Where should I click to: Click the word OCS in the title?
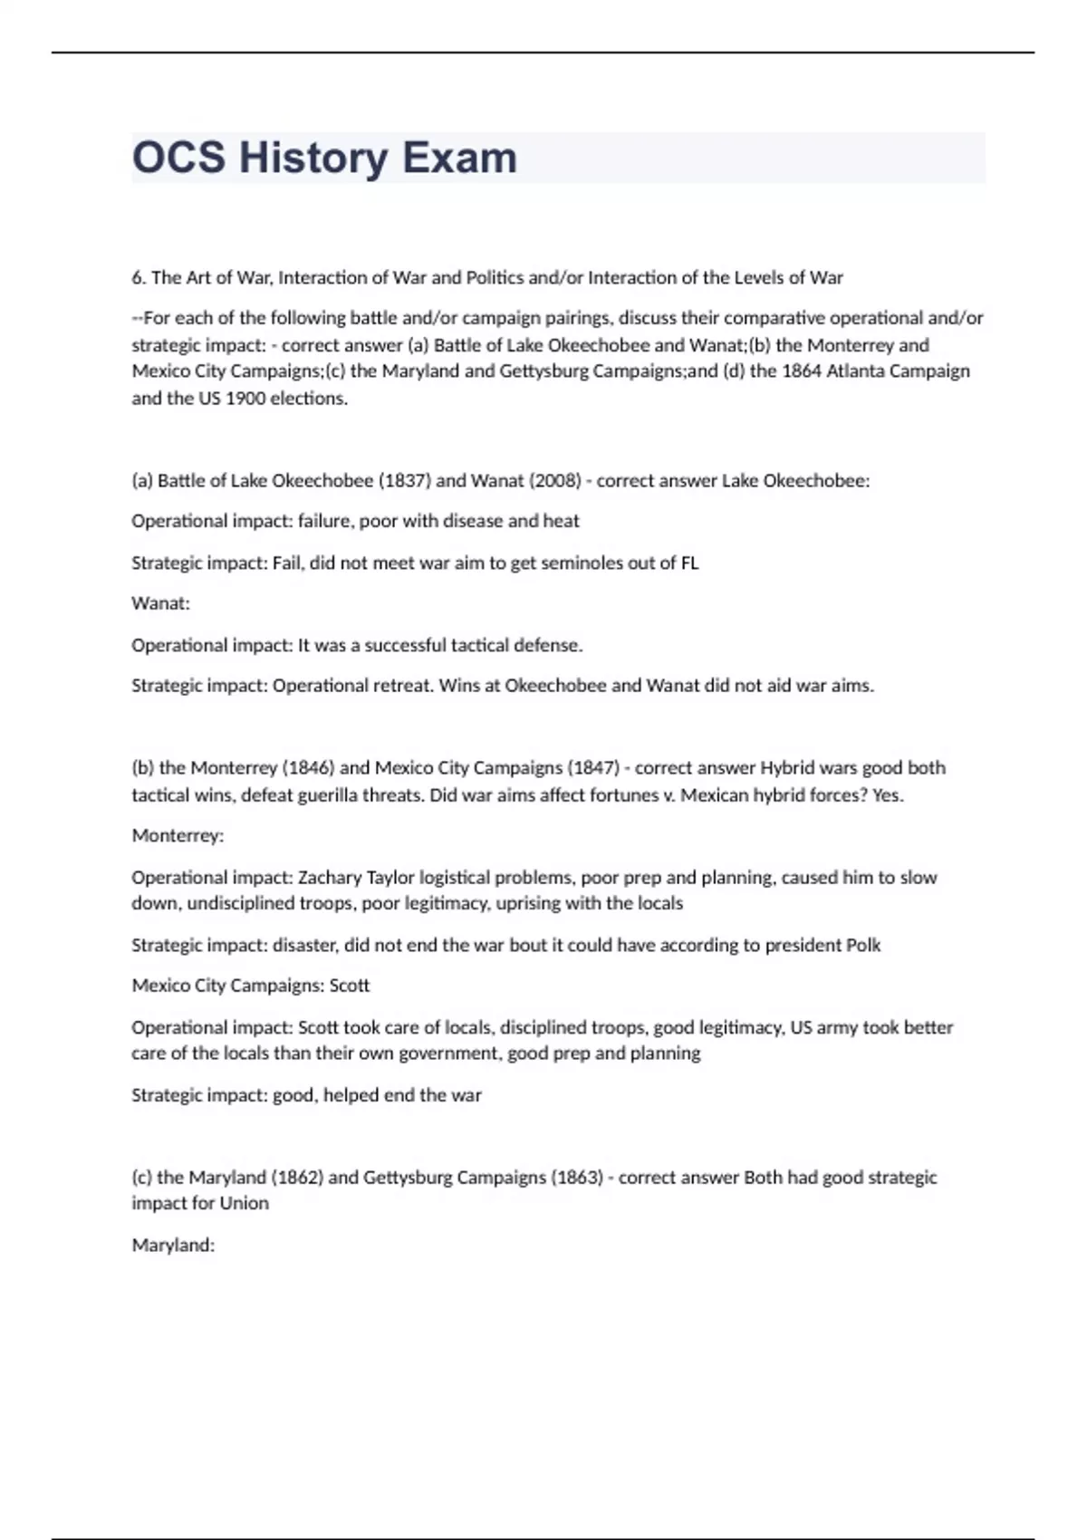coord(178,158)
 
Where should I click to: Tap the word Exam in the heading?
coord(459,158)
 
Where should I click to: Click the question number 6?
coord(139,277)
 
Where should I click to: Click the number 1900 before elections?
coord(245,398)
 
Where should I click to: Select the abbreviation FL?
coord(688,563)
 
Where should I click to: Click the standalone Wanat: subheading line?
coord(160,603)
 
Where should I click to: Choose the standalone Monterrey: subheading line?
coord(178,835)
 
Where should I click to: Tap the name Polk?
coord(862,945)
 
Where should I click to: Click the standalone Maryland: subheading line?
coord(173,1245)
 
